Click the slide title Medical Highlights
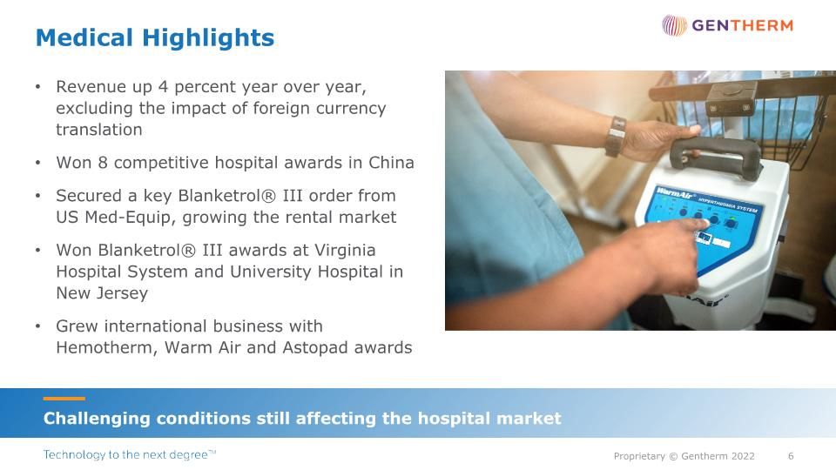(154, 38)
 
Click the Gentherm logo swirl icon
(674, 25)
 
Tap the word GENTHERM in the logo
(742, 25)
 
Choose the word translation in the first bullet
(98, 130)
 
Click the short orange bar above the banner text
(64, 399)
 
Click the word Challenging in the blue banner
(97, 419)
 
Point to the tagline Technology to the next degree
(130, 455)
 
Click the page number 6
(791, 456)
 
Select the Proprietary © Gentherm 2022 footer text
(684, 456)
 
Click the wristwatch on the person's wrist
(617, 136)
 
